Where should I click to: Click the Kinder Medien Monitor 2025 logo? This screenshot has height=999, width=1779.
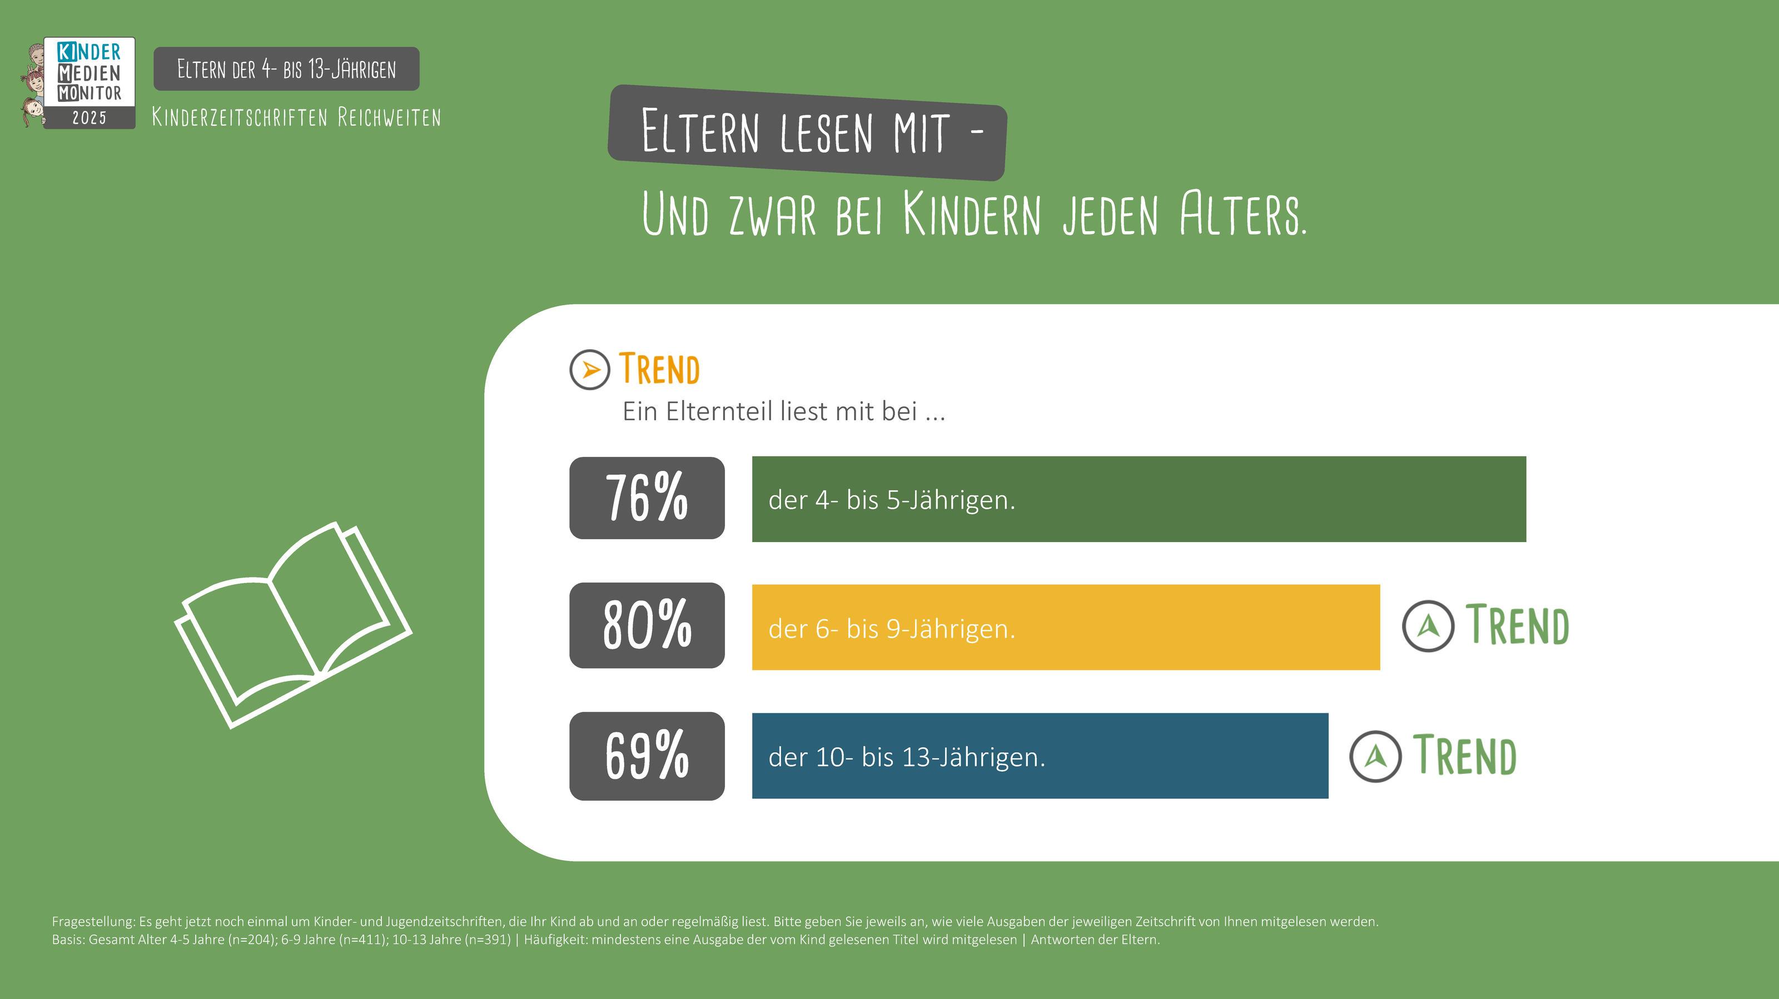(82, 82)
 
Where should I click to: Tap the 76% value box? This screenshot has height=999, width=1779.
(647, 498)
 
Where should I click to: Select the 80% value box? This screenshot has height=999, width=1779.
(647, 625)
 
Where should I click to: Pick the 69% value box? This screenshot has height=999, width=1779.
(647, 756)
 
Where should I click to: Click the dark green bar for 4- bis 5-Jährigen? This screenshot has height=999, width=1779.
(1138, 499)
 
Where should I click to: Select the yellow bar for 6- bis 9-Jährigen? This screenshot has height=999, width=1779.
(1066, 627)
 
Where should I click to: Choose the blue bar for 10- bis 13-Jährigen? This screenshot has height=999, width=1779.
(1040, 756)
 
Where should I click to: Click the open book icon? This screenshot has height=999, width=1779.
(294, 625)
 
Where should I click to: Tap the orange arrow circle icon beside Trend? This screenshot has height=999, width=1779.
(590, 369)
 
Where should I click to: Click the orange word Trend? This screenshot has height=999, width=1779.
(659, 369)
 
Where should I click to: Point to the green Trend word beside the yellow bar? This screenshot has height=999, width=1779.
(1517, 625)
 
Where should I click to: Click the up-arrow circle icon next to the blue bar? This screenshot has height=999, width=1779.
(1375, 756)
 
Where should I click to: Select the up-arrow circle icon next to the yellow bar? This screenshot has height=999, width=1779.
(1428, 625)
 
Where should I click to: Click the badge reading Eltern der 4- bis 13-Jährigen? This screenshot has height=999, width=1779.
(286, 69)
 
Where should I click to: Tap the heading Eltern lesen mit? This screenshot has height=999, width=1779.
(806, 132)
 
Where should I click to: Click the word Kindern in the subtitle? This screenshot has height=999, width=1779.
(971, 214)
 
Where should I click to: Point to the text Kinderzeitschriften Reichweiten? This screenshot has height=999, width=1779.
(296, 117)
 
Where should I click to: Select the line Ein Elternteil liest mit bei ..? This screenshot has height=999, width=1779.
(783, 411)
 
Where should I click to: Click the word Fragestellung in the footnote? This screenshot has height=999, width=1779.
(93, 921)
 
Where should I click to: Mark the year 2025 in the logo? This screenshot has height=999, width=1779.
(89, 118)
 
